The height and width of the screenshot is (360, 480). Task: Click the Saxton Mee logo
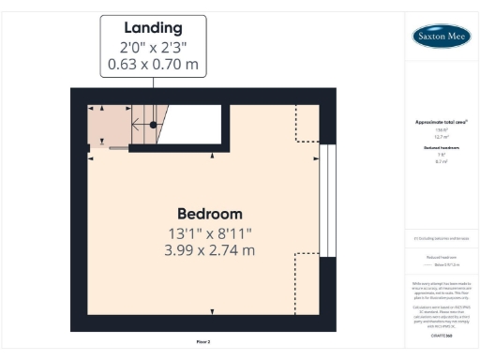coord(442,37)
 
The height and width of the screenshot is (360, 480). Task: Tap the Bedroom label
coord(210,213)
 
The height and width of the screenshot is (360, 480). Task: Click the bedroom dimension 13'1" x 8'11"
coord(210,232)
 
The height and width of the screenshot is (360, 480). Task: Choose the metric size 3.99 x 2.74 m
coord(210,250)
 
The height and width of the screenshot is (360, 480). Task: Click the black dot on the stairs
coord(151,124)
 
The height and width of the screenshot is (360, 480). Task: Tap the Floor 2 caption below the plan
coord(203,342)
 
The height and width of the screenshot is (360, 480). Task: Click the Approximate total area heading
coord(441,123)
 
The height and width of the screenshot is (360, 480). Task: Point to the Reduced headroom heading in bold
coord(441,148)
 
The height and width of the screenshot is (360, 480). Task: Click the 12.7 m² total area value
coord(441,136)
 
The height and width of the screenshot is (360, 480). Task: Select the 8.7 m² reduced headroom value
coord(441,161)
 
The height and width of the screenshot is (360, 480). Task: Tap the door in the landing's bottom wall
coord(118,147)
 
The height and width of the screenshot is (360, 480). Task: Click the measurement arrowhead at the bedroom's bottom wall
coord(212,311)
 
